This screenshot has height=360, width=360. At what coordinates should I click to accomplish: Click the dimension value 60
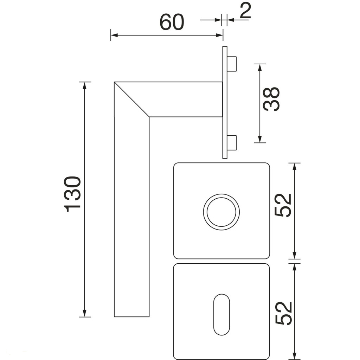(172, 22)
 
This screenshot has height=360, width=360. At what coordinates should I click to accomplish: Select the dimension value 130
(72, 194)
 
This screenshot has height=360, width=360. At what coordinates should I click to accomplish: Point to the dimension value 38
(271, 99)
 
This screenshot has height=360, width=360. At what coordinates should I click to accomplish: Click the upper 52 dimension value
(283, 205)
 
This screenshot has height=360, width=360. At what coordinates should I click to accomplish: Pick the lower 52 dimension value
(283, 314)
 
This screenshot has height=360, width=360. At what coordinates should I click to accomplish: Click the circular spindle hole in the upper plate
(221, 212)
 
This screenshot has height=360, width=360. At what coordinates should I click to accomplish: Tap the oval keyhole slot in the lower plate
(221, 315)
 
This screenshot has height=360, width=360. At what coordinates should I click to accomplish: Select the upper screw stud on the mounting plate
(232, 64)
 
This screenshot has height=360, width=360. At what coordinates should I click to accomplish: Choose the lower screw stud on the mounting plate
(232, 143)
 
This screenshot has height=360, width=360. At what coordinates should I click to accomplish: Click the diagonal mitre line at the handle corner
(132, 99)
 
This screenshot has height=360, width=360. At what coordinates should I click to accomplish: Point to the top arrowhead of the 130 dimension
(84, 85)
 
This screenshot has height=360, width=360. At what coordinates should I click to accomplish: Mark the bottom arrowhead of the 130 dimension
(84, 313)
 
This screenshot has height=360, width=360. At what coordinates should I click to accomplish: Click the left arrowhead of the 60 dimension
(114, 35)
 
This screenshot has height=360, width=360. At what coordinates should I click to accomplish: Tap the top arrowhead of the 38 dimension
(260, 67)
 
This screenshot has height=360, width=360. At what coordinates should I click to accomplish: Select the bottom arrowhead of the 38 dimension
(260, 139)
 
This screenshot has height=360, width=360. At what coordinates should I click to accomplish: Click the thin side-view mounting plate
(225, 102)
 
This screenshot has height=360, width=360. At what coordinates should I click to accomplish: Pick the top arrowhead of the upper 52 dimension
(295, 166)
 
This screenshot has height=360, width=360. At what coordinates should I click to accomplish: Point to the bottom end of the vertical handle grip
(132, 317)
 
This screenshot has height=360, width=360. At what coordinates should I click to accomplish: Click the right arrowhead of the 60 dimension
(219, 35)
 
